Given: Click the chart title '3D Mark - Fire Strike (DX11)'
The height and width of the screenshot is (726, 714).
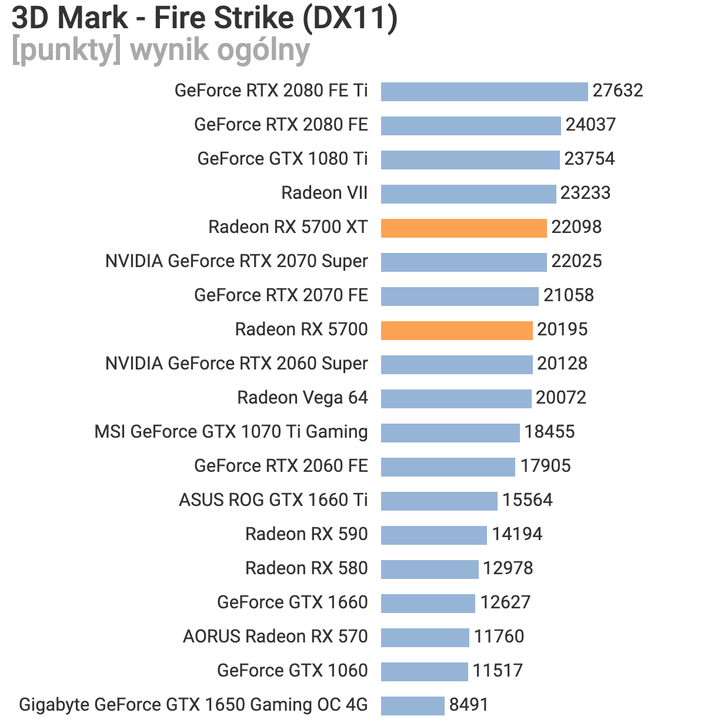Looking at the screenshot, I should click(x=204, y=18).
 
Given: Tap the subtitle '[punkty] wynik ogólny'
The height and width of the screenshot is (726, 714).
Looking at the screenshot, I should click(x=160, y=50).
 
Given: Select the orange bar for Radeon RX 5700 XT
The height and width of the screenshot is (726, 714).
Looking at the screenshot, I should click(x=463, y=228).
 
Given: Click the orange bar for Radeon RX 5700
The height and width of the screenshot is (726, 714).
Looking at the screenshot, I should click(x=456, y=330).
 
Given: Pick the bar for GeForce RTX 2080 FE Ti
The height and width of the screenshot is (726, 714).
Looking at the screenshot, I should click(x=484, y=91).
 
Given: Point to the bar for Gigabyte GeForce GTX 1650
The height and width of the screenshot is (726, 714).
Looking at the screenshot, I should click(x=412, y=705).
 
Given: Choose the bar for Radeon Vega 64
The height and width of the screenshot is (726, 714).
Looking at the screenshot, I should click(x=456, y=398).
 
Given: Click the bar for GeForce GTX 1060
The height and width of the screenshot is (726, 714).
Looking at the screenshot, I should click(x=424, y=671).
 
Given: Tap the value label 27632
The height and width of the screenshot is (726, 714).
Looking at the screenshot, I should click(x=618, y=91).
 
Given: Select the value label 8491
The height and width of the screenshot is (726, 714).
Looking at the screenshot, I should click(x=468, y=705).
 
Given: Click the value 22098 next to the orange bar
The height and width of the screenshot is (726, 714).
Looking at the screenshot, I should click(x=576, y=227).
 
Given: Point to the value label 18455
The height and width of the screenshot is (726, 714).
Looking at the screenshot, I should click(x=549, y=432).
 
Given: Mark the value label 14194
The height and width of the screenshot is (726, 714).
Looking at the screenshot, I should click(x=517, y=534).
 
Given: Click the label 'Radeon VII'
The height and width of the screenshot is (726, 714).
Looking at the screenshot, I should click(x=324, y=193).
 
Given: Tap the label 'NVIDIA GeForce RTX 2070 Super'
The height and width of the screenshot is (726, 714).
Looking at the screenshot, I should click(x=236, y=261).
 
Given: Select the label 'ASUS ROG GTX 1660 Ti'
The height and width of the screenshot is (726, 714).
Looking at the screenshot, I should click(x=273, y=500).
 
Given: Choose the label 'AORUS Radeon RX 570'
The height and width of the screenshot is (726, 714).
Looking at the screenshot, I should click(x=275, y=637).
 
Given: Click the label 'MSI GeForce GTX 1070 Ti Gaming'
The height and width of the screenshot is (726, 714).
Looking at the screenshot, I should click(x=231, y=432).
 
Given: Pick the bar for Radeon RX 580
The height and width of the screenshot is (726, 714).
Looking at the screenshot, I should click(x=429, y=569).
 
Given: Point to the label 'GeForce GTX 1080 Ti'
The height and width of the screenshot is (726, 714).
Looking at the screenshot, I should click(x=282, y=159).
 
